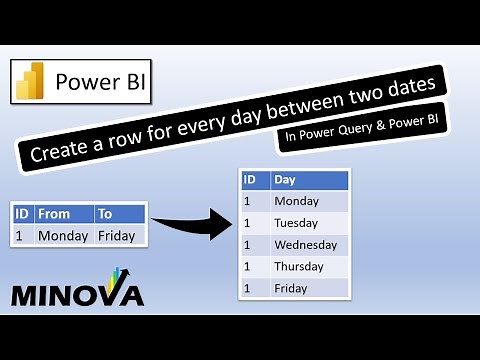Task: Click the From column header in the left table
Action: point(63,214)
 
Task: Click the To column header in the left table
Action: point(119,214)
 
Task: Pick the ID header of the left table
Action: point(22,214)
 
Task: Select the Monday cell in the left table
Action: point(63,236)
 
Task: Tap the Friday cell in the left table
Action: point(119,236)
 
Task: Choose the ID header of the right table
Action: point(254,180)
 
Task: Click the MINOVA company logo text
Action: point(77,293)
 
